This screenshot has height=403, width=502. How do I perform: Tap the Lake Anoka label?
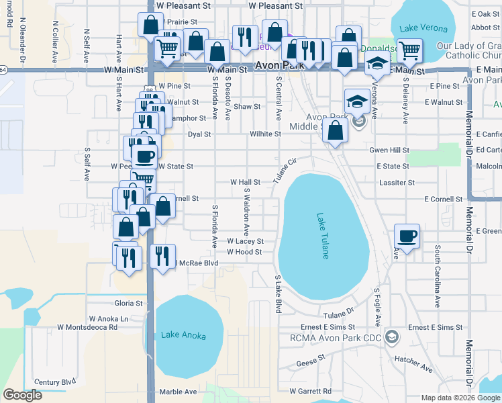pos(183,335)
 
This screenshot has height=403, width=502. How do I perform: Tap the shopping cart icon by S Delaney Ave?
pos(409,50)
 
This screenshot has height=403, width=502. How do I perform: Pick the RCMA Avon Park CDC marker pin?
pos(392,336)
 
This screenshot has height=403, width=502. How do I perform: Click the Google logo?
pos(23,395)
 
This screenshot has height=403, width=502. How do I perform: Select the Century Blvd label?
pos(56,382)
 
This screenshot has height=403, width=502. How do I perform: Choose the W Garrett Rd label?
pos(310,391)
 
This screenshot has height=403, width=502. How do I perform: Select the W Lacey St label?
pos(245,240)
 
